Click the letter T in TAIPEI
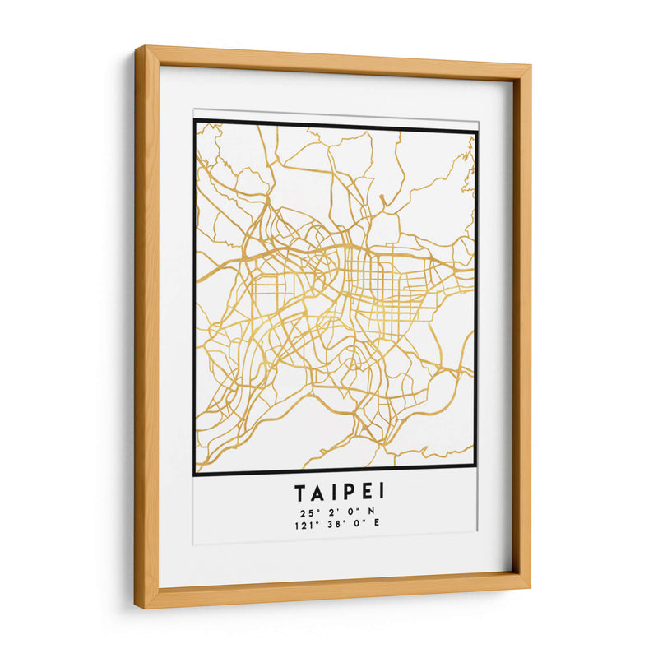[x=301, y=493]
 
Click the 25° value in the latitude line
[x=306, y=512]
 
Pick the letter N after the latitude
[x=372, y=512]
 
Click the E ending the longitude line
[x=377, y=523]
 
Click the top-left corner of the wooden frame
[x=137, y=48]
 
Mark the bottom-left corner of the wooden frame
[x=137, y=609]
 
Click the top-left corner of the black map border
[x=195, y=121]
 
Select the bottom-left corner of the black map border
[x=195, y=475]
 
